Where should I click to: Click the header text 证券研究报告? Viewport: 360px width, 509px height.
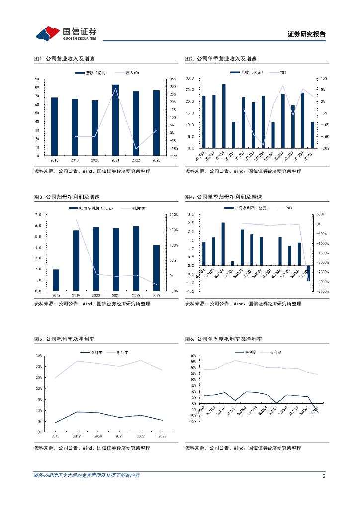(x=306, y=34)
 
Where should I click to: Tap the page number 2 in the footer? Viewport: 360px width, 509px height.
(x=324, y=476)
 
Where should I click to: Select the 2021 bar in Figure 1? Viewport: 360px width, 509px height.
(x=115, y=120)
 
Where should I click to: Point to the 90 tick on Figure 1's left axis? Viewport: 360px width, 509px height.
(x=38, y=79)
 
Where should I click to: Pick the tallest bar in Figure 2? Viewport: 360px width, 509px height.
(x=224, y=116)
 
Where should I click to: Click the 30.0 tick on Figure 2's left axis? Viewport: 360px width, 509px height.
(x=190, y=79)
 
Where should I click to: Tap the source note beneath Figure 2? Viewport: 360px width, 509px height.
(x=243, y=171)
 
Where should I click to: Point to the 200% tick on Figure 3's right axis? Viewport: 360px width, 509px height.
(x=174, y=215)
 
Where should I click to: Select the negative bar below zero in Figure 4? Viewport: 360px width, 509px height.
(x=308, y=273)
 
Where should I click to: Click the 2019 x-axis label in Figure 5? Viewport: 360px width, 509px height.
(x=76, y=435)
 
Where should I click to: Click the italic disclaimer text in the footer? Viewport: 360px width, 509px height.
(x=87, y=476)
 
